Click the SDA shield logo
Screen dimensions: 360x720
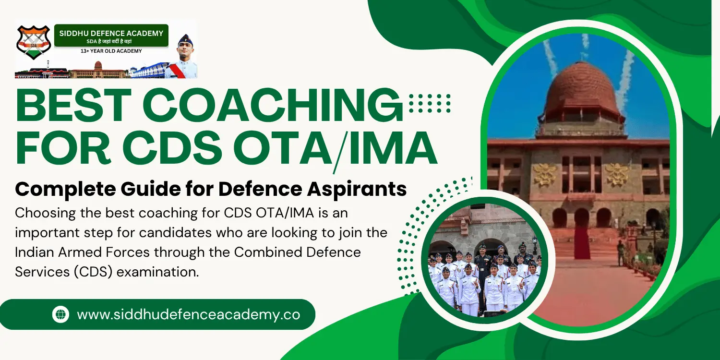coord(34,42)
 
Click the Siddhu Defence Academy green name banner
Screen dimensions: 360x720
coord(111,36)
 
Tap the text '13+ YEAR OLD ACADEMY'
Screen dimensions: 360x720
coord(111,51)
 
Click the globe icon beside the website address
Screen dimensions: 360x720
coord(60,314)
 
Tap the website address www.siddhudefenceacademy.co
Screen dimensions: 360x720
coord(188,314)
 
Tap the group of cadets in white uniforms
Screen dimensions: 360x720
coord(485,281)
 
